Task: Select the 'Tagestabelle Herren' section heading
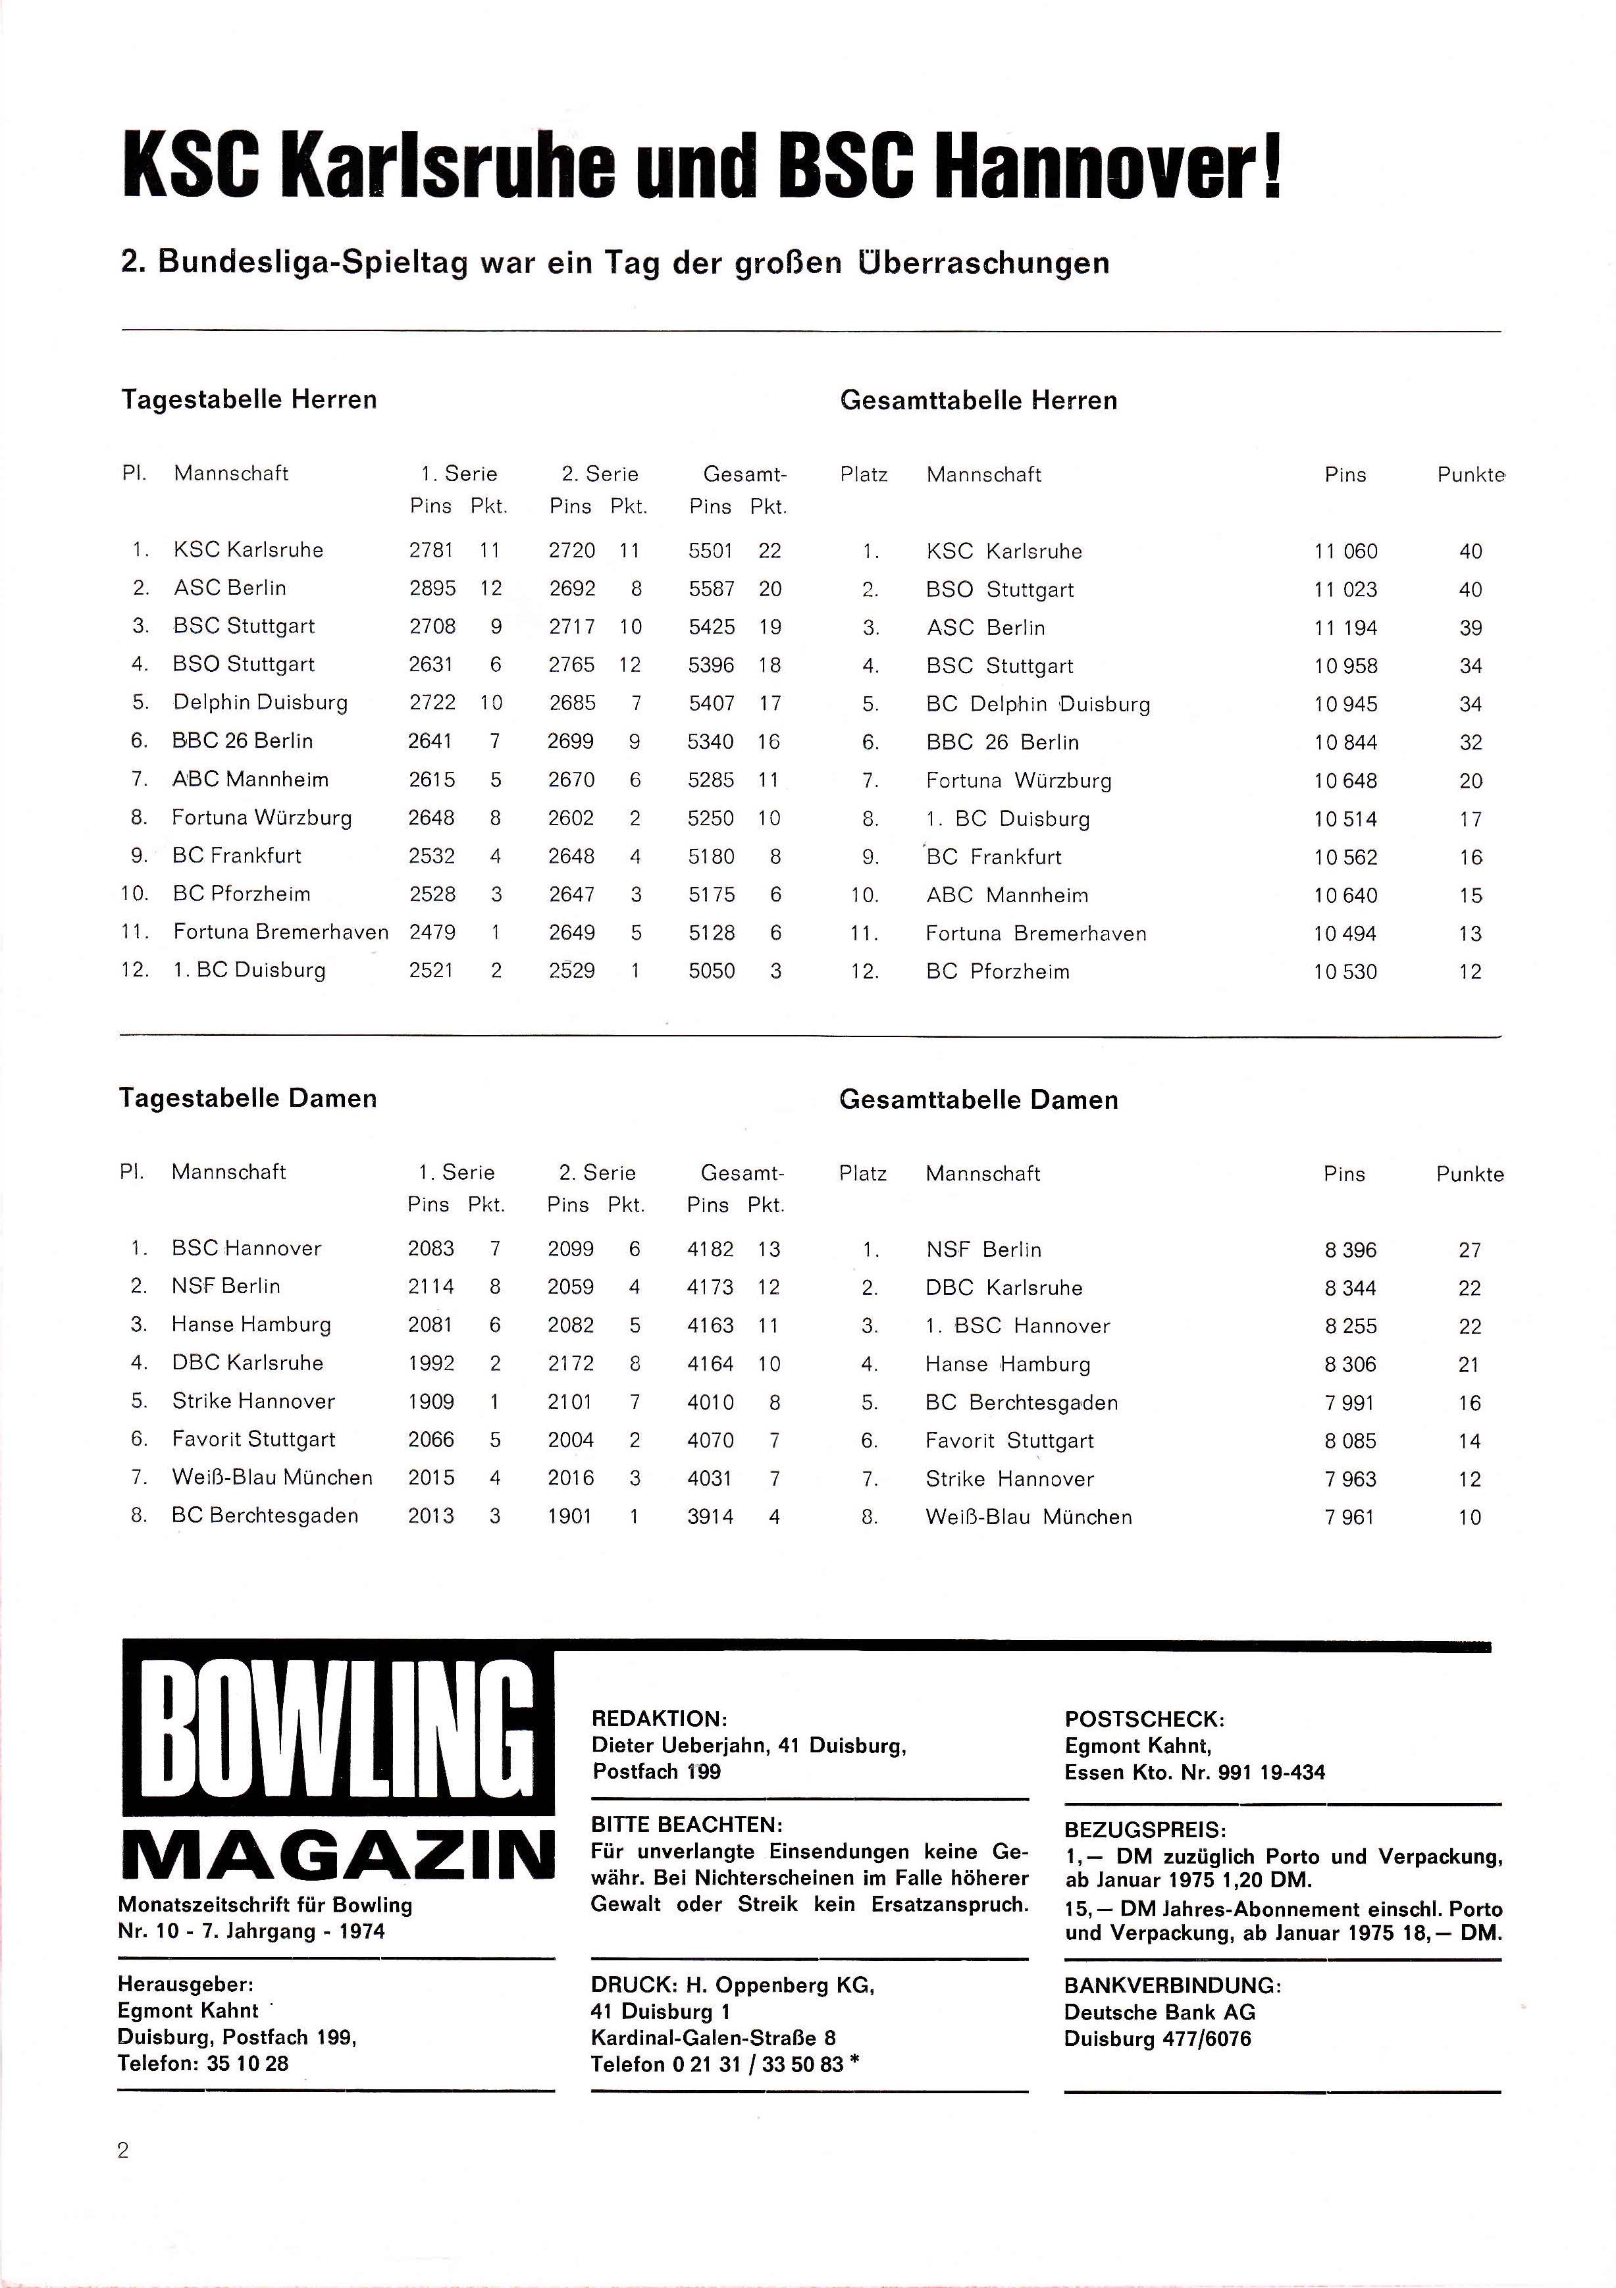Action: coord(249,399)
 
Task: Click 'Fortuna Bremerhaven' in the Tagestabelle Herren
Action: coord(280,932)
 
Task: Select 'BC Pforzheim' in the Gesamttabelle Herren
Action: coord(997,972)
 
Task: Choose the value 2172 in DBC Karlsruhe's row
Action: coord(570,1363)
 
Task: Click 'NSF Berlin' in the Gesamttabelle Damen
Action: coord(983,1250)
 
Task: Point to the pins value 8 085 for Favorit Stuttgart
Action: coord(1350,1441)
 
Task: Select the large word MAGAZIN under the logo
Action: coord(337,1856)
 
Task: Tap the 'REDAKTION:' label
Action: coord(659,1718)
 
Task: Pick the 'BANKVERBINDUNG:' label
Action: coord(1172,1985)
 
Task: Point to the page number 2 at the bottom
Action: coord(124,2150)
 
